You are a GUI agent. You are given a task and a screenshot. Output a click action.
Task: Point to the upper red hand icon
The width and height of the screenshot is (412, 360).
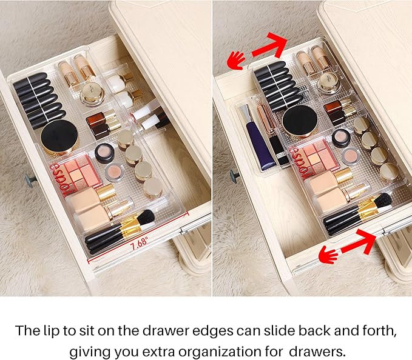[236, 59]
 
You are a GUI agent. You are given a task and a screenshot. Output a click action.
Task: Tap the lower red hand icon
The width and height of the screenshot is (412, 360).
[328, 255]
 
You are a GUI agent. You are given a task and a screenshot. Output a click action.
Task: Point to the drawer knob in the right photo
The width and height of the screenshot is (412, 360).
[234, 176]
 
